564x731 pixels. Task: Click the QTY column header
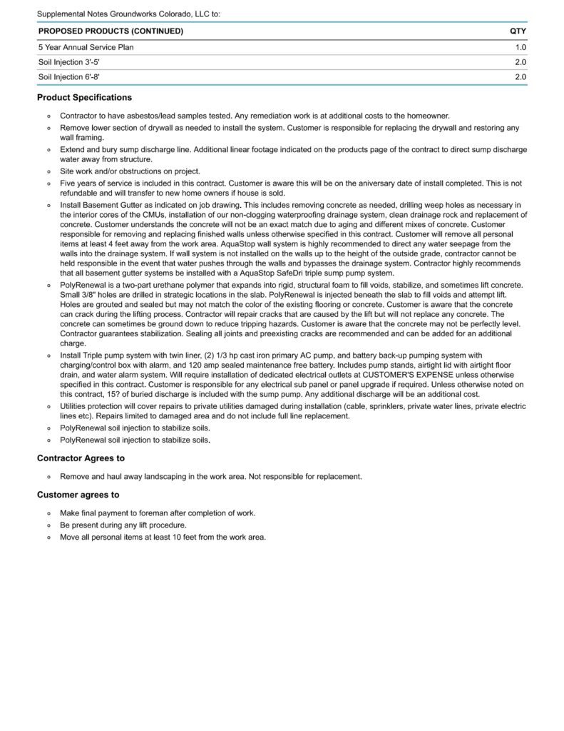(x=518, y=31)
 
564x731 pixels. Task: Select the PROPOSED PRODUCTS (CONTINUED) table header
(x=111, y=31)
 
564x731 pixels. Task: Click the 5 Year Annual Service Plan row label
(x=86, y=47)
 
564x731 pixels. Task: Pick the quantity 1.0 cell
(x=521, y=47)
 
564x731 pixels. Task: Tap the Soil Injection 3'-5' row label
(x=74, y=62)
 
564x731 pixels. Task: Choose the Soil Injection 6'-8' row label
(x=74, y=77)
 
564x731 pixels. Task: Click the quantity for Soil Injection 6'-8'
(x=521, y=77)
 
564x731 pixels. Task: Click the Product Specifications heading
(x=84, y=98)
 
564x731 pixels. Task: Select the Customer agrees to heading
(x=78, y=495)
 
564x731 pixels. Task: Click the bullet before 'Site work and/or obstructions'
(x=48, y=171)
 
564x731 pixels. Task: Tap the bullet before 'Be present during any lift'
(x=48, y=525)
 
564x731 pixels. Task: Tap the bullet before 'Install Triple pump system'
(x=48, y=356)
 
